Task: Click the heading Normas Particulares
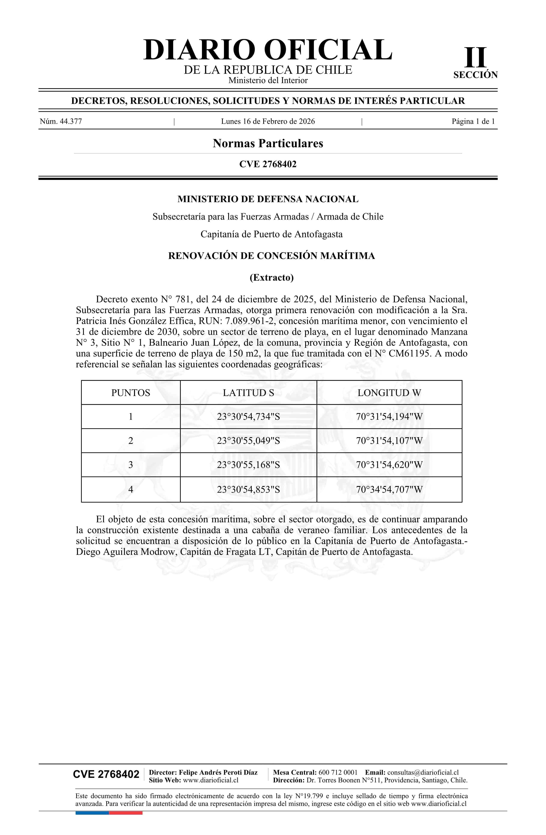[268, 143]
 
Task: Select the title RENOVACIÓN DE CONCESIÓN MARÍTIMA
[271, 256]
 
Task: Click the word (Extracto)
[271, 277]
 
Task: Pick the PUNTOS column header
[131, 393]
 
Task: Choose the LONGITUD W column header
[389, 393]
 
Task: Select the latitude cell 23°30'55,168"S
[248, 465]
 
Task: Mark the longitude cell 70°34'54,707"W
[389, 489]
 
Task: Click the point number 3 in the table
[131, 465]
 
